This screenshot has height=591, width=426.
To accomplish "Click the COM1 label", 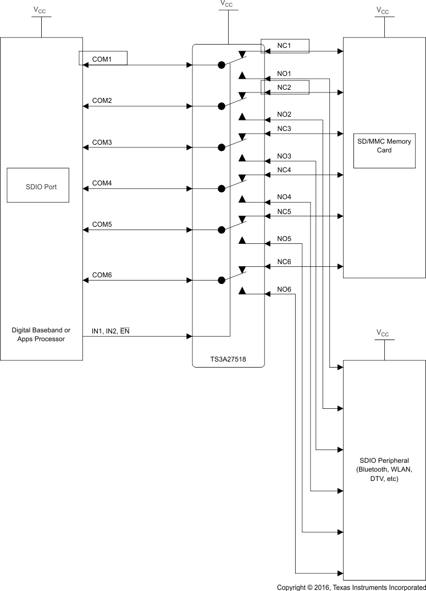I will [102, 59].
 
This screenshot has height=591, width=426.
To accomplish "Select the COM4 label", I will [102, 183].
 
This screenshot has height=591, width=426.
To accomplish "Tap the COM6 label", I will [102, 275].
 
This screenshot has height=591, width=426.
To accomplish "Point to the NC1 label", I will [284, 46].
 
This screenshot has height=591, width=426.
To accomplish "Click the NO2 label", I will [284, 114].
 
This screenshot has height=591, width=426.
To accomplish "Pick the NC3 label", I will [284, 129].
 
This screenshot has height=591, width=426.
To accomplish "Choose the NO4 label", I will [284, 197].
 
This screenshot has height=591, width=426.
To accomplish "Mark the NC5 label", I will [284, 211].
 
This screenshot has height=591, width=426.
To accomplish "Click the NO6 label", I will [284, 289].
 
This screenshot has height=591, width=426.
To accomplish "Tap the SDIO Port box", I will [38, 185].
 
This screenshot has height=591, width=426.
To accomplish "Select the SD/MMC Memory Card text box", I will [384, 150].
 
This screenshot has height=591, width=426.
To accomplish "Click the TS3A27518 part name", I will [229, 359].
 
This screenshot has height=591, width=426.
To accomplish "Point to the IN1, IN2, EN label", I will [110, 331].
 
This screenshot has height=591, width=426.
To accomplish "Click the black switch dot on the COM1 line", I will [222, 65].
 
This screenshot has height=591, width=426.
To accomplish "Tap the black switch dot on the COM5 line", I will [222, 229].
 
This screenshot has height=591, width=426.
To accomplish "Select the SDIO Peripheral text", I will [384, 469].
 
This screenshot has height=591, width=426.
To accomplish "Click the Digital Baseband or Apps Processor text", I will [41, 335].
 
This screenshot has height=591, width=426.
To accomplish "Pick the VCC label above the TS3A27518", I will [226, 4].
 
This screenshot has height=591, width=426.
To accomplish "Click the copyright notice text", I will [351, 587].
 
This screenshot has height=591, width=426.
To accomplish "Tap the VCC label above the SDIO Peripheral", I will [383, 333].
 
